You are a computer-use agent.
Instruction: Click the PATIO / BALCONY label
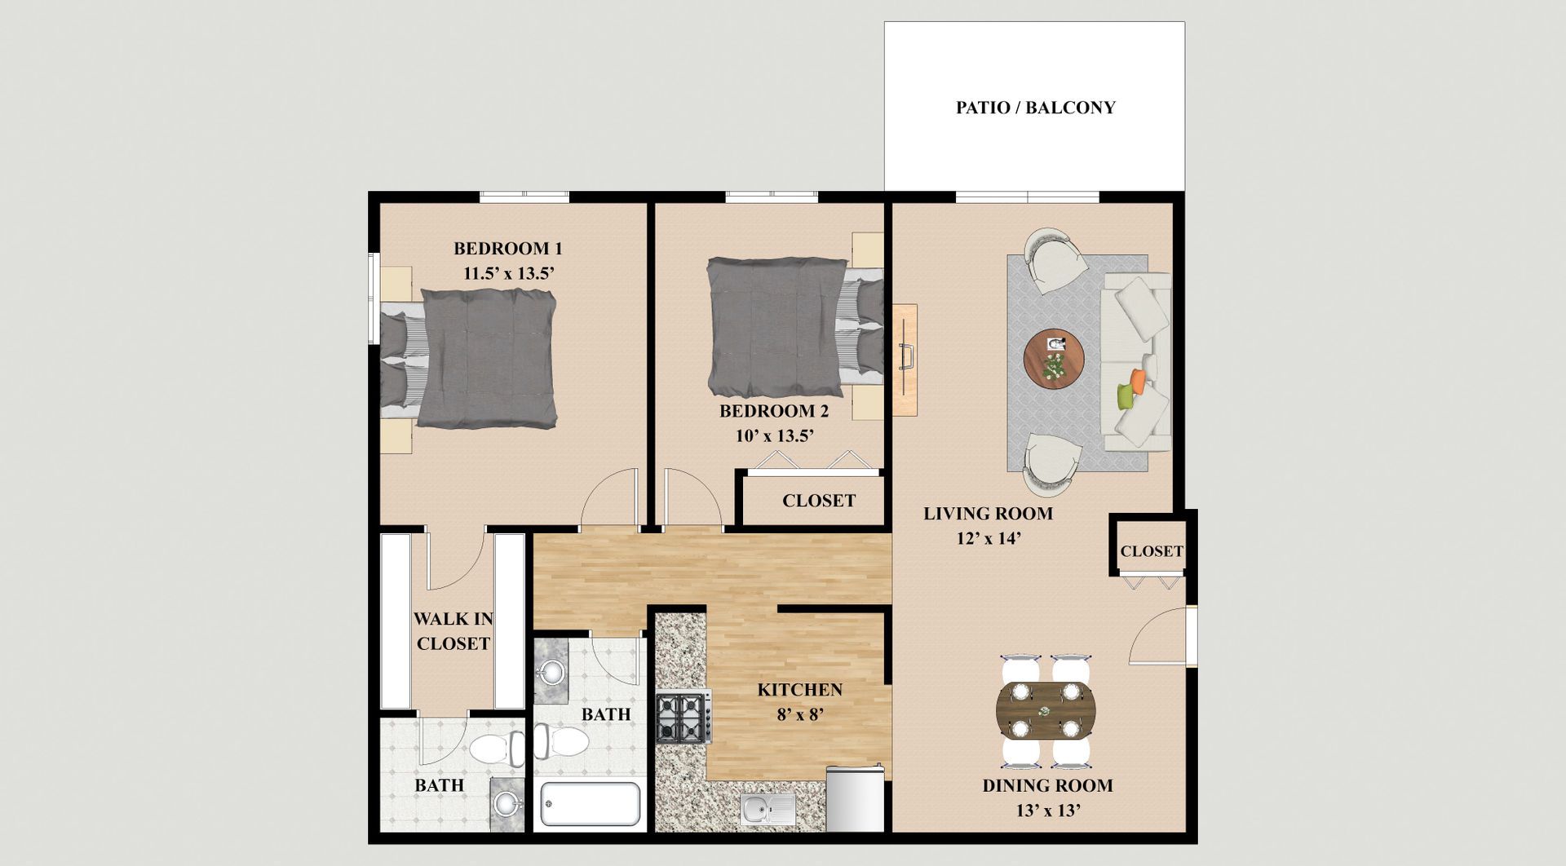(x=1035, y=108)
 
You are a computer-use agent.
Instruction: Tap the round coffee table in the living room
(x=1054, y=360)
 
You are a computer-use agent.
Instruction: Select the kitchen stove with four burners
(x=683, y=718)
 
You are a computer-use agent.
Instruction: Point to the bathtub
(x=590, y=804)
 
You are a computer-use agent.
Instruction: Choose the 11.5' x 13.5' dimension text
(x=509, y=273)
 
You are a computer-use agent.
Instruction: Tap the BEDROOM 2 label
(x=774, y=411)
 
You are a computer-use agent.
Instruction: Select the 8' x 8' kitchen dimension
(x=799, y=715)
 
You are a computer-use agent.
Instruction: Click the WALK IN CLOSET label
(x=453, y=631)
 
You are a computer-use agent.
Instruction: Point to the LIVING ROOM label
(x=988, y=514)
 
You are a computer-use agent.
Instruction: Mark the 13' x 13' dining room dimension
(x=1048, y=811)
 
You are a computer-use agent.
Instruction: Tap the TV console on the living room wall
(x=904, y=360)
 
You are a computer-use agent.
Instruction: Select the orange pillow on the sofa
(x=1137, y=378)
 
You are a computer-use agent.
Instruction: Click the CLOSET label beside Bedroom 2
(x=819, y=501)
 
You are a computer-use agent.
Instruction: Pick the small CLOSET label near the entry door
(x=1152, y=551)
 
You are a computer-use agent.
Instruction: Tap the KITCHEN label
(x=799, y=690)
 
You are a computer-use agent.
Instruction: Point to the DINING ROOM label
(x=1047, y=786)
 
